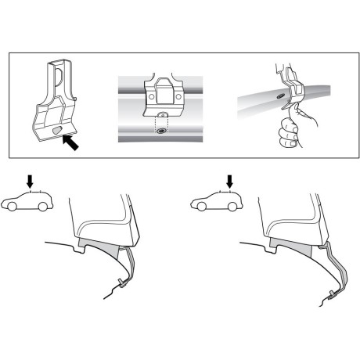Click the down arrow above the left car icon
point(31,182)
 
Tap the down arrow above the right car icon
point(229,182)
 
